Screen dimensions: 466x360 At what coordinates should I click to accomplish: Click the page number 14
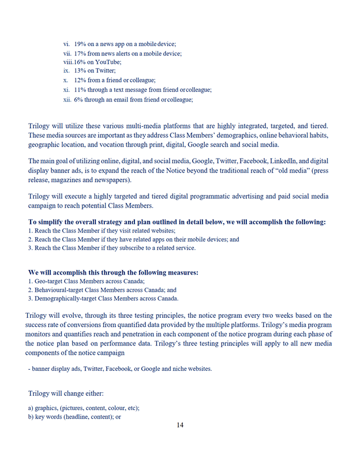coord(180,426)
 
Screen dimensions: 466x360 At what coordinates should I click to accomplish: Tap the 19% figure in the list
coord(80,44)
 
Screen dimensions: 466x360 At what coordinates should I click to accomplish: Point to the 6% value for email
coord(78,99)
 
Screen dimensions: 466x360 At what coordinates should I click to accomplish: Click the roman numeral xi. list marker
coord(66,89)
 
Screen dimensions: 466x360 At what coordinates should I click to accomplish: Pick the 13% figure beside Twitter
coord(80,71)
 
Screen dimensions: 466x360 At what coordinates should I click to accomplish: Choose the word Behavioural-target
coord(62,290)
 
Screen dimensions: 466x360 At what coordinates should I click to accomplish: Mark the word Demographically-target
coord(68,299)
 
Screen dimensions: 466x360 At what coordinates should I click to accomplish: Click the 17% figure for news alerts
coord(80,53)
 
